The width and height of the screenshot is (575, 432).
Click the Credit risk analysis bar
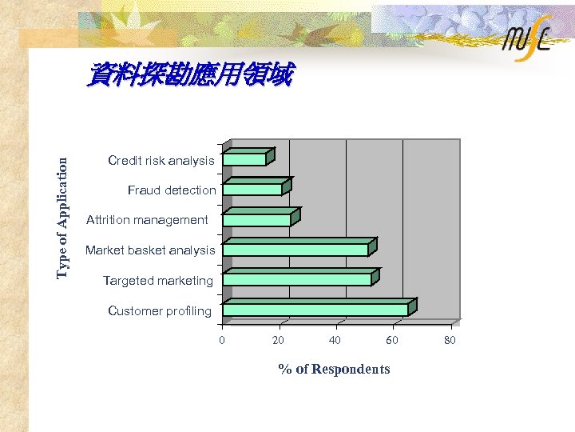[245, 158]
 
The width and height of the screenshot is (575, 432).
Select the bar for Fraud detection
[253, 189]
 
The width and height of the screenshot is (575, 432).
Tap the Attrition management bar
[257, 218]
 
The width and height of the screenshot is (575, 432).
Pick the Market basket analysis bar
[295, 249]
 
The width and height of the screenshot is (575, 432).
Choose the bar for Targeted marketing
[297, 278]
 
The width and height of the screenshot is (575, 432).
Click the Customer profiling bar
[315, 309]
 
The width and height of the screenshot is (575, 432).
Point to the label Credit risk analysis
[161, 161]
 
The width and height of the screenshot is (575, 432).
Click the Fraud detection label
[172, 190]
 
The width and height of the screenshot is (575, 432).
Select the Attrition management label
[147, 220]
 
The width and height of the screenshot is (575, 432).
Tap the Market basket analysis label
[150, 250]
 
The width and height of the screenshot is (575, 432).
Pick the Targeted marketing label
[158, 281]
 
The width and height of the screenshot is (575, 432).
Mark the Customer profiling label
[160, 310]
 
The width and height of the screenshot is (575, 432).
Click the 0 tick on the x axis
[222, 341]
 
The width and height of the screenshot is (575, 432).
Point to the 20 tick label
[278, 341]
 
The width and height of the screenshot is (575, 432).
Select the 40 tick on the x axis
[335, 341]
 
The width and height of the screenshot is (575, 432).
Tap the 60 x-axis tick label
[391, 341]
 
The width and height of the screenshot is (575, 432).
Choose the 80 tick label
[450, 341]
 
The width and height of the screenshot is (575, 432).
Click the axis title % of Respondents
[334, 369]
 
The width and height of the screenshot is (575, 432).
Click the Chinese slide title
[190, 76]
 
